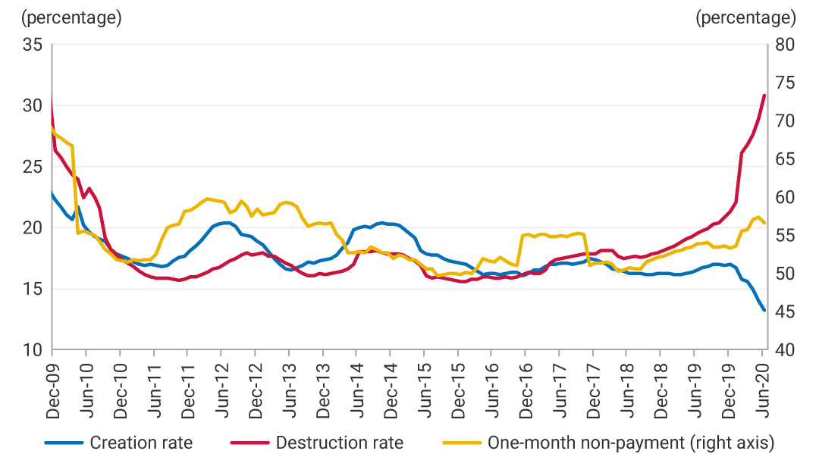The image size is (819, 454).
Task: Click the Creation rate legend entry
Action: click(141, 442)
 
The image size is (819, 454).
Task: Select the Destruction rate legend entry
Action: click(339, 442)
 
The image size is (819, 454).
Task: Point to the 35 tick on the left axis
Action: click(32, 45)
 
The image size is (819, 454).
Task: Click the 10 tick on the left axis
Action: click(32, 350)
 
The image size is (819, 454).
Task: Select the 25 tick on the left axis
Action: click(32, 167)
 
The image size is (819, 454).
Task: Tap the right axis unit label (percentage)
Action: click(745, 17)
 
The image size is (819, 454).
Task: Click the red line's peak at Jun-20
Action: click(764, 95)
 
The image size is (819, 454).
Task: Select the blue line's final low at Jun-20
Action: click(764, 310)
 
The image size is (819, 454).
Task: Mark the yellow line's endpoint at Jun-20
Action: click(764, 223)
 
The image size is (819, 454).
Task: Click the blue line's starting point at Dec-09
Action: click(52, 193)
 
